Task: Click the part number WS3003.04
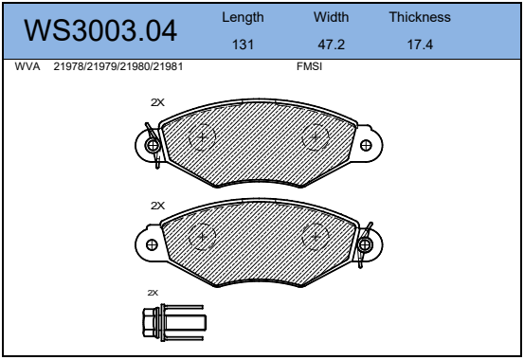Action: point(100,30)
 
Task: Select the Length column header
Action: point(243,17)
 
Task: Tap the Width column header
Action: point(332,17)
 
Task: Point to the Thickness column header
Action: point(420,17)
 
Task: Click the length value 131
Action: point(243,45)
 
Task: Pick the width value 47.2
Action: point(332,45)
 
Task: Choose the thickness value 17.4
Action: point(420,45)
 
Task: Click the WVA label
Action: point(27,66)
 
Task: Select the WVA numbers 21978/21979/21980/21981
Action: point(118,66)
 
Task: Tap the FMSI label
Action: point(310,66)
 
